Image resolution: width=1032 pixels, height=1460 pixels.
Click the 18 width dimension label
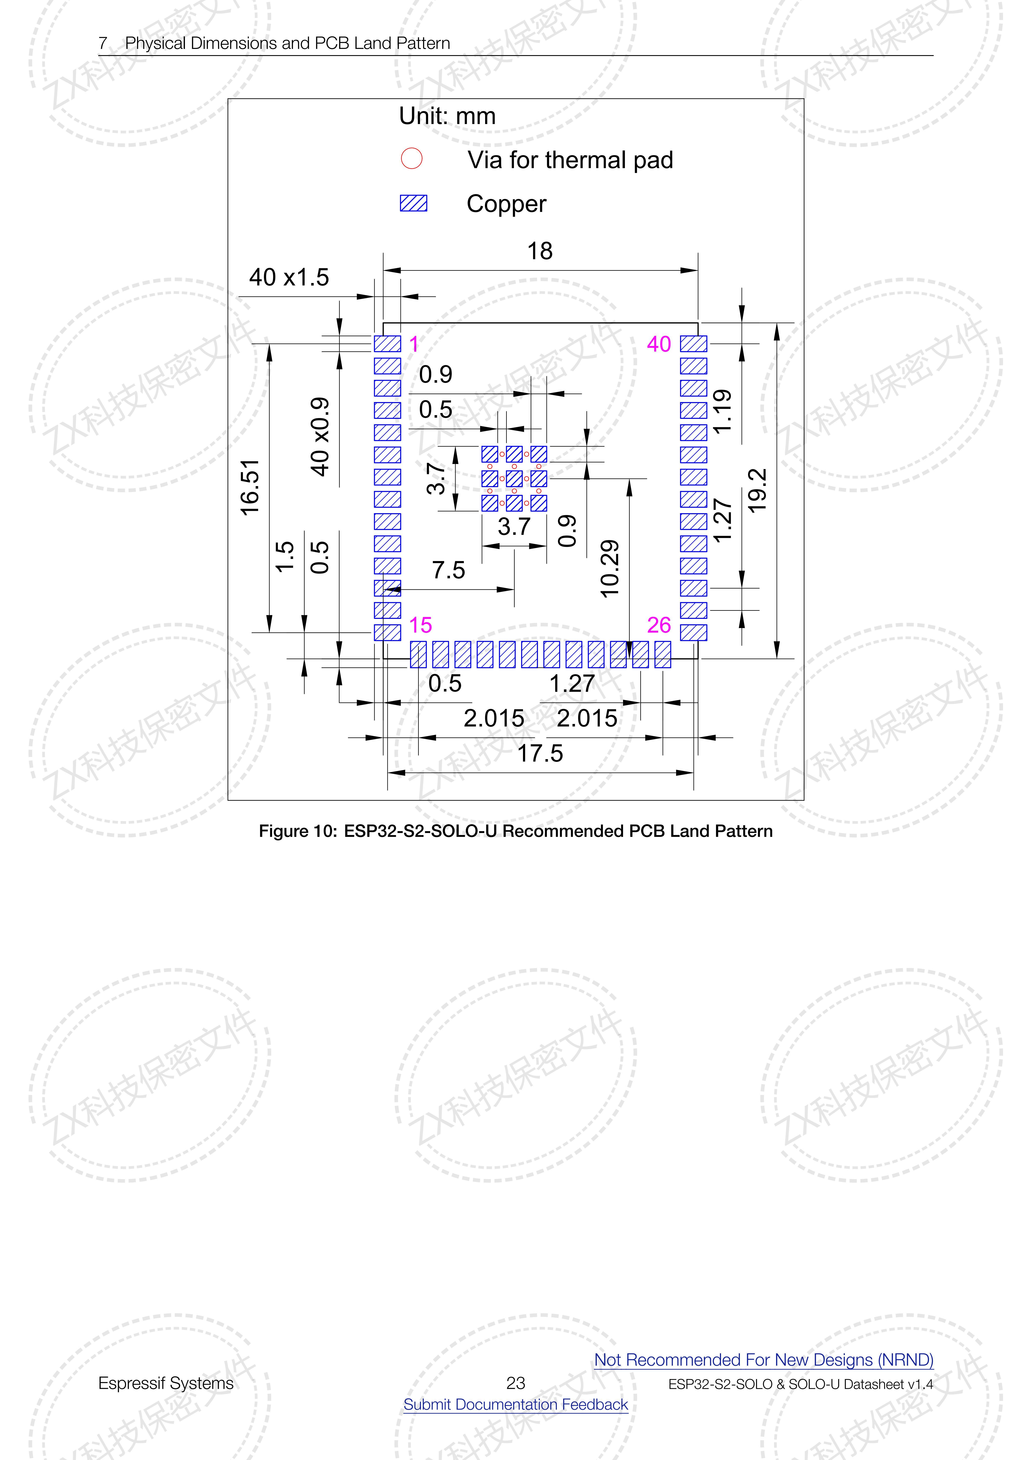tap(540, 251)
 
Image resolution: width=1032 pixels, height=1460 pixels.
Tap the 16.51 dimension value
tap(250, 487)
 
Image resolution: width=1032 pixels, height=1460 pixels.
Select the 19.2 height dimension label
tap(757, 490)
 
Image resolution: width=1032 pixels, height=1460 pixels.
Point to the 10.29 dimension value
tap(609, 569)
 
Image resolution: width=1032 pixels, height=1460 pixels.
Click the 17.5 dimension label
tap(540, 754)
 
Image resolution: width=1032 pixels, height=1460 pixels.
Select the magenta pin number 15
tap(420, 625)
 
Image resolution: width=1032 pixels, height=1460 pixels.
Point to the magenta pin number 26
tap(659, 625)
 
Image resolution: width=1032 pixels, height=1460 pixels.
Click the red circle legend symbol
tap(411, 158)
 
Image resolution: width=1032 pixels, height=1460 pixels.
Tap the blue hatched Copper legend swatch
tap(413, 203)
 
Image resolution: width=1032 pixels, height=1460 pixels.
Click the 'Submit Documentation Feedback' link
tap(516, 1404)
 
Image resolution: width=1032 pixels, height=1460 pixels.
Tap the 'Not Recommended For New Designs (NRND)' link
tap(764, 1359)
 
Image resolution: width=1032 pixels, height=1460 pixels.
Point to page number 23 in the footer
tap(516, 1382)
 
